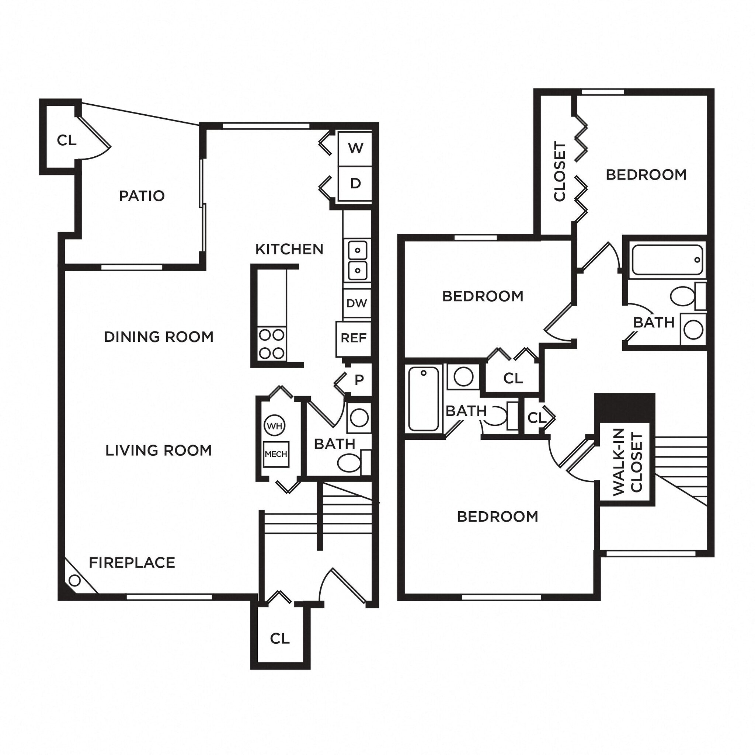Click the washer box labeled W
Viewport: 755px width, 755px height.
(x=355, y=149)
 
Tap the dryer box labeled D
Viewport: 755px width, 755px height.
(x=355, y=183)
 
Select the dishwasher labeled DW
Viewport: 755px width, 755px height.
(x=356, y=303)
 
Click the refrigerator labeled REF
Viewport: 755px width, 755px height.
(x=353, y=338)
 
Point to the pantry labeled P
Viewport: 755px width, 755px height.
(x=359, y=379)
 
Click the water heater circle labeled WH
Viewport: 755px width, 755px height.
(x=275, y=426)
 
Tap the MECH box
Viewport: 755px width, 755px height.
(x=276, y=454)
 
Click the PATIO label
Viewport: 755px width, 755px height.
(x=142, y=196)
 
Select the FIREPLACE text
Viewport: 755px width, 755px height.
(x=132, y=563)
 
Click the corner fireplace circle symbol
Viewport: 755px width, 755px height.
(x=74, y=581)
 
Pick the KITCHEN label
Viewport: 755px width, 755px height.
(x=289, y=249)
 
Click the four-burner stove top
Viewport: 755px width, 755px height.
(x=272, y=344)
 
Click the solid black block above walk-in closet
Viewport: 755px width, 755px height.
(x=624, y=407)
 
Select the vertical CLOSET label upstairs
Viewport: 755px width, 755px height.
(x=560, y=171)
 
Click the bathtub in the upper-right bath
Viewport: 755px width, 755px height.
(x=667, y=260)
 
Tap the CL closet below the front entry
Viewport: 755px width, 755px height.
(x=280, y=639)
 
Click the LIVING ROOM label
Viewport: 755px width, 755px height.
(x=158, y=450)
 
